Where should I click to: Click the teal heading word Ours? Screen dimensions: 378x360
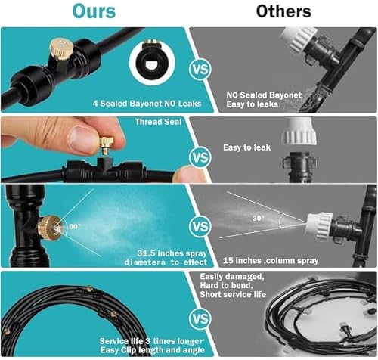tap(94, 11)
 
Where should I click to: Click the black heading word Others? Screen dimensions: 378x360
tap(283, 11)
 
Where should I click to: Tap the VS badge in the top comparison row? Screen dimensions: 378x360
tap(200, 69)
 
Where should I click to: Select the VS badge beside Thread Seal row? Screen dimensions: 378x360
tap(200, 157)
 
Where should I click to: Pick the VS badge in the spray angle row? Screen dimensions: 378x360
tap(200, 226)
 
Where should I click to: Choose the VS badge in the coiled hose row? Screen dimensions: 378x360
tap(200, 318)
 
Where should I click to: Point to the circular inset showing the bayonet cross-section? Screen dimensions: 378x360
tap(152, 61)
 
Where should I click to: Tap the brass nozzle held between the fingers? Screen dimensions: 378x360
tap(106, 146)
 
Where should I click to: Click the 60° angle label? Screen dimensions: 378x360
tap(74, 226)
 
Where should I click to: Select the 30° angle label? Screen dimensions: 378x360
tap(259, 218)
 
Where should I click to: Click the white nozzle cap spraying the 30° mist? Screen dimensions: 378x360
tap(319, 225)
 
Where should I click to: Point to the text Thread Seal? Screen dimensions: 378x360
tap(158, 122)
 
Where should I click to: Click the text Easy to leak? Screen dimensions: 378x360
tap(247, 147)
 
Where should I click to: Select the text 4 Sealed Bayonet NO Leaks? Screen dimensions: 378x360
tap(147, 104)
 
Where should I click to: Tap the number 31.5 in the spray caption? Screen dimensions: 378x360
tap(146, 253)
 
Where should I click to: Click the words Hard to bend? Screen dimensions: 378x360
tap(226, 286)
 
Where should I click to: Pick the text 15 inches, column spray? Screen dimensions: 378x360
tap(271, 260)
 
